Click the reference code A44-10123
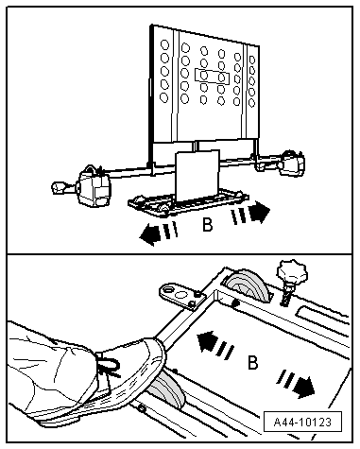point(302,422)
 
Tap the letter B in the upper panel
point(207,225)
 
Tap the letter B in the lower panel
point(252,362)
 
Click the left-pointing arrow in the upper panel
point(159,233)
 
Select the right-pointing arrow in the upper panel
point(250,213)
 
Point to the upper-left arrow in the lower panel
point(215,344)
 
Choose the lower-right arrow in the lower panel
point(296,383)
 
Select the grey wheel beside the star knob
point(249,286)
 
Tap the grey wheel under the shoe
point(167,389)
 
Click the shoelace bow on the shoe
point(109,365)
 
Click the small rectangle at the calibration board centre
point(212,76)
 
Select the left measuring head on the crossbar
point(94,186)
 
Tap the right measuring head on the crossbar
point(293,164)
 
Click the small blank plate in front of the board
point(197,175)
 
